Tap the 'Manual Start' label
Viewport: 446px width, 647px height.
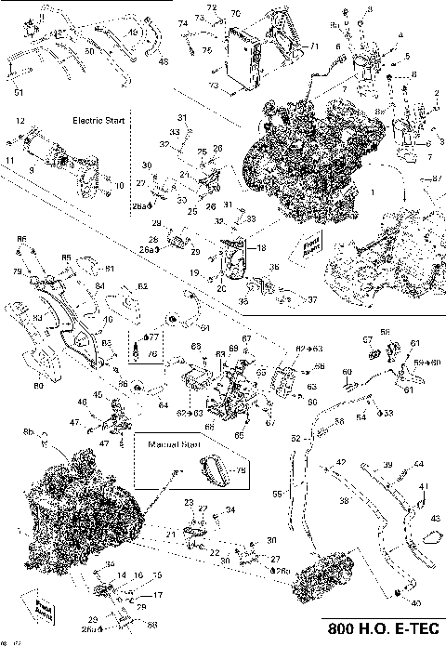click(x=175, y=445)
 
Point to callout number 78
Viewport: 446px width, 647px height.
click(x=243, y=471)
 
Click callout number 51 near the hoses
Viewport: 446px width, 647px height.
click(x=19, y=91)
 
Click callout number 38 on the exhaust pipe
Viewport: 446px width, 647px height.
click(x=344, y=500)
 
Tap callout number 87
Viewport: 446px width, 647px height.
click(x=438, y=177)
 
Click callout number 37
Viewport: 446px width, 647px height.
click(x=312, y=299)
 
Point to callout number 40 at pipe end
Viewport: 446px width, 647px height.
click(x=413, y=601)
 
